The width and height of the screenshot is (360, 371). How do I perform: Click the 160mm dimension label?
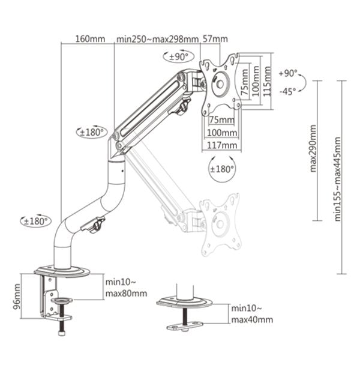coord(89,39)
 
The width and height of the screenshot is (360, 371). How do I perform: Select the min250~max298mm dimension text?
coord(157,39)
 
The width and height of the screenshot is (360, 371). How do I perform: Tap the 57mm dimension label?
coord(216,39)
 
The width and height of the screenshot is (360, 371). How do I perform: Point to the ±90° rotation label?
coord(178,57)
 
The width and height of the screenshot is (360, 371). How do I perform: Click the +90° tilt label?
coord(288,73)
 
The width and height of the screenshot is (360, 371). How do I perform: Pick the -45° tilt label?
coord(288,91)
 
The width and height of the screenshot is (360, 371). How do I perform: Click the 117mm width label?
coord(221,145)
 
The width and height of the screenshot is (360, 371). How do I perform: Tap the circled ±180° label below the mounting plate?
coord(222,169)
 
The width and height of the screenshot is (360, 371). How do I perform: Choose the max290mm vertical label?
coord(313,148)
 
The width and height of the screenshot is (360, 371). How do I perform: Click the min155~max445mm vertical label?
coord(338,179)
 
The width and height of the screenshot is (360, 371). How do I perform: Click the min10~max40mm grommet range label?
coord(251,314)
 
